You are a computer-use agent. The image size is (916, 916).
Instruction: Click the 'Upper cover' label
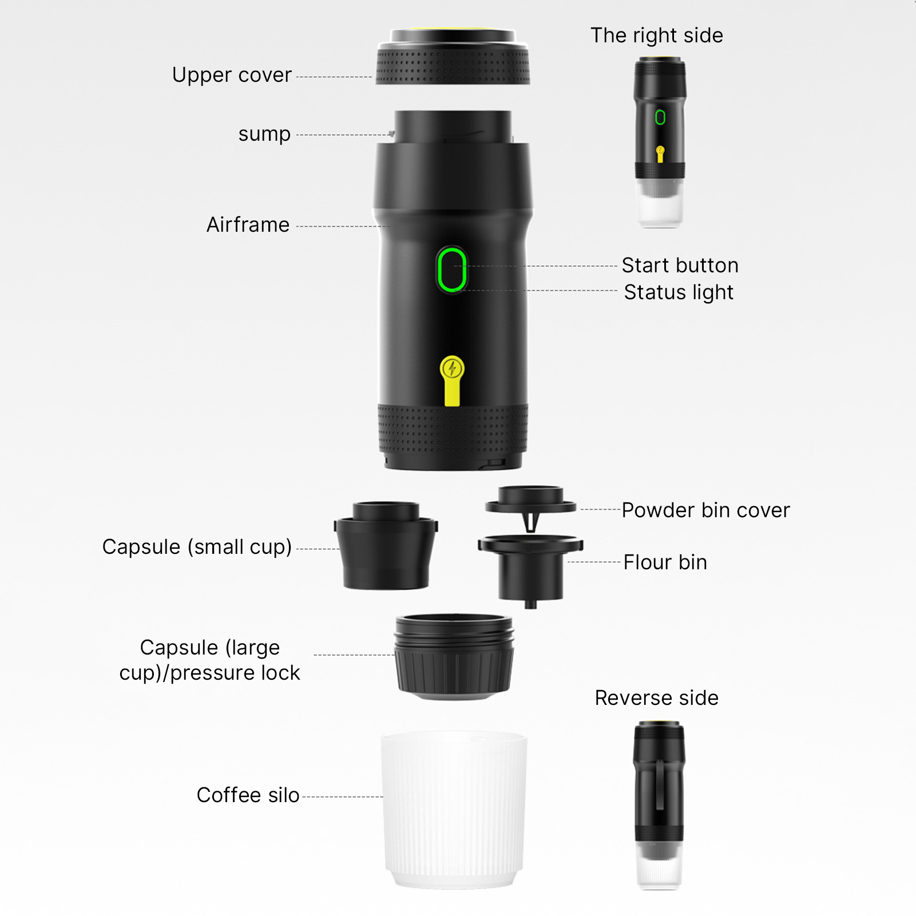(232, 75)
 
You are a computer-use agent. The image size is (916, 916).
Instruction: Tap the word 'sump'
(264, 134)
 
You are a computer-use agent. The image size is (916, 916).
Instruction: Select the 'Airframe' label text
(248, 225)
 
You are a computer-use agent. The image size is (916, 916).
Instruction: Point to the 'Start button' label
(680, 265)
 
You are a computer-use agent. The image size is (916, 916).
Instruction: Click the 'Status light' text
(679, 292)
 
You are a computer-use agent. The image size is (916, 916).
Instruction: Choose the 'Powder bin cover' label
(705, 510)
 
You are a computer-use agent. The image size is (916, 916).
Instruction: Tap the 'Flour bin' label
(665, 562)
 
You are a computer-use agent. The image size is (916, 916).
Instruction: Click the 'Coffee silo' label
(248, 795)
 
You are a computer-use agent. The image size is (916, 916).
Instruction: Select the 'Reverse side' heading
(656, 698)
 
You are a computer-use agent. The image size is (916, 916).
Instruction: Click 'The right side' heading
(657, 35)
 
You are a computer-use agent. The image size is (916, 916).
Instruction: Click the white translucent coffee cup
(454, 810)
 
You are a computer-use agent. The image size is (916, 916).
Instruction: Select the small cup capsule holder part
(386, 546)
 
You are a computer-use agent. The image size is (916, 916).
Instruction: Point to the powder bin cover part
(530, 506)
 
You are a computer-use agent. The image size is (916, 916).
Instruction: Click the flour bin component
(530, 570)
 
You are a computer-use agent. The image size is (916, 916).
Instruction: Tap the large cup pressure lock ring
(454, 657)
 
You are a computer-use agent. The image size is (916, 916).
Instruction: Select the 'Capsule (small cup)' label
(197, 547)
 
